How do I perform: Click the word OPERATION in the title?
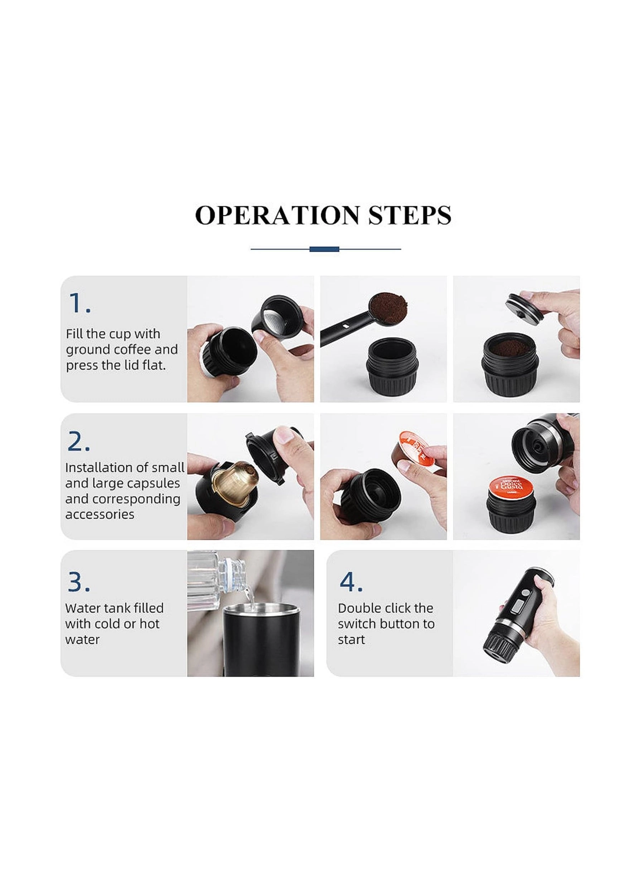277,215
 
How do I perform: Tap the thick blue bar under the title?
324,249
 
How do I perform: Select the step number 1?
79,303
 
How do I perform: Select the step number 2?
79,442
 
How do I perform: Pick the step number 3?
79,582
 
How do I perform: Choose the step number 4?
351,582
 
